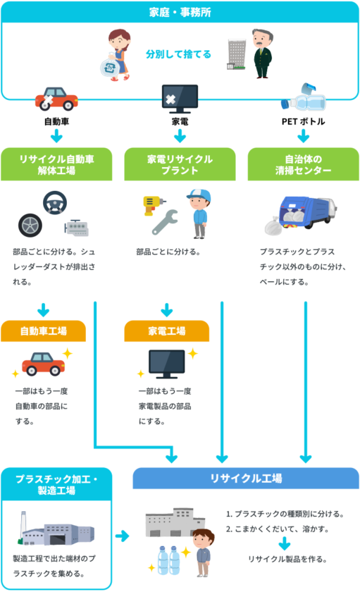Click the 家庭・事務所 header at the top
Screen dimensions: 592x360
click(x=180, y=12)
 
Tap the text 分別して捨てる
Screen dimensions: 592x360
click(x=178, y=54)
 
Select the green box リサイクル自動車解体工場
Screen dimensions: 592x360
click(x=56, y=164)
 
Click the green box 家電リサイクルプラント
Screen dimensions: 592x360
click(x=180, y=164)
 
